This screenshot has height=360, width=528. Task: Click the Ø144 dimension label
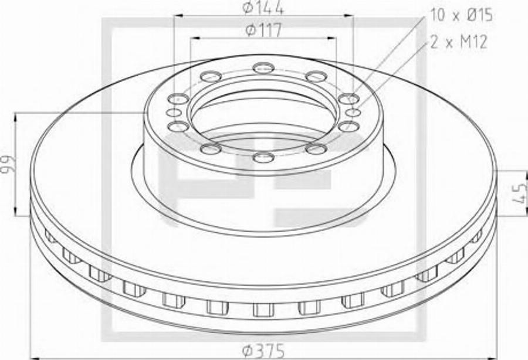pyautogui.click(x=263, y=8)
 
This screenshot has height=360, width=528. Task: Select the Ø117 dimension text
pyautogui.click(x=263, y=30)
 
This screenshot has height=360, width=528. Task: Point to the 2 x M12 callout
pyautogui.click(x=458, y=42)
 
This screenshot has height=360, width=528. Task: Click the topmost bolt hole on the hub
pyautogui.click(x=263, y=67)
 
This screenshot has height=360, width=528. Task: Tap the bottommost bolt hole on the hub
pyautogui.click(x=263, y=157)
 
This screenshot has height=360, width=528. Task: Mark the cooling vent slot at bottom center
pyautogui.click(x=263, y=308)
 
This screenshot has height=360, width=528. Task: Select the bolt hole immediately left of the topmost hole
pyautogui.click(x=211, y=76)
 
